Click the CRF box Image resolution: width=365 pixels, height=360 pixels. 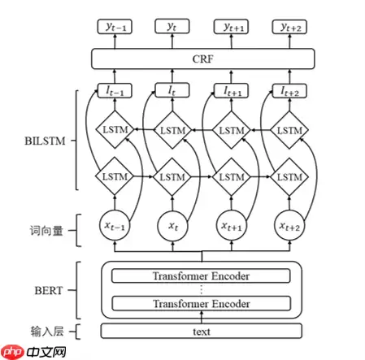click(202, 59)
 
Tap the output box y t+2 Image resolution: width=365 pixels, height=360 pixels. click(289, 27)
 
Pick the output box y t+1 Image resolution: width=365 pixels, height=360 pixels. click(230, 27)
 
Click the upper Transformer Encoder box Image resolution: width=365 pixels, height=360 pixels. click(202, 275)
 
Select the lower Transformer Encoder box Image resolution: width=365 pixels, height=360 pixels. click(202, 303)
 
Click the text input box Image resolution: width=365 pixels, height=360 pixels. click(202, 332)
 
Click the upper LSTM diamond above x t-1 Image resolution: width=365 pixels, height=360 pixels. click(113, 130)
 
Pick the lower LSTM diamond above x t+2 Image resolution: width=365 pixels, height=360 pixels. click(289, 176)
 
